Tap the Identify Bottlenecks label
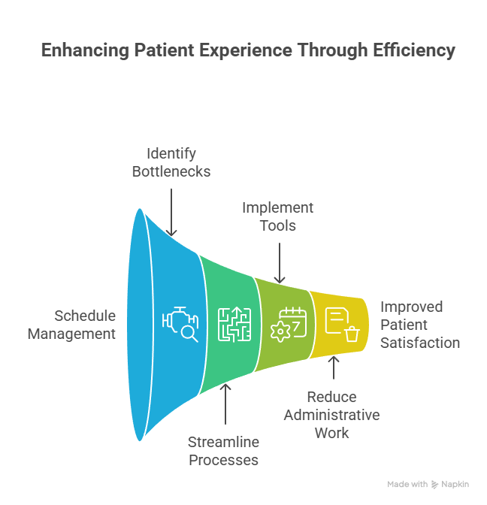pyautogui.click(x=171, y=162)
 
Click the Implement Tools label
pyautogui.click(x=277, y=216)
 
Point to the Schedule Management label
pyautogui.click(x=72, y=325)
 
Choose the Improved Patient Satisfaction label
pyautogui.click(x=420, y=325)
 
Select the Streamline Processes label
pyautogui.click(x=224, y=451)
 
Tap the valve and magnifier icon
pyautogui.click(x=180, y=324)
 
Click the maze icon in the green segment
pyautogui.click(x=232, y=324)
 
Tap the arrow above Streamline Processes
pyautogui.click(x=226, y=406)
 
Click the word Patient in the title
pyautogui.click(x=162, y=50)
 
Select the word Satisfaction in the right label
pyautogui.click(x=420, y=343)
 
